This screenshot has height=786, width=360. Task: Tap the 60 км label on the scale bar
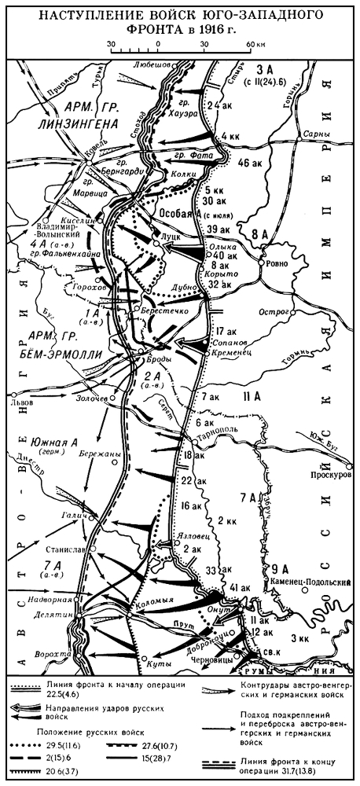click(x=254, y=44)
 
